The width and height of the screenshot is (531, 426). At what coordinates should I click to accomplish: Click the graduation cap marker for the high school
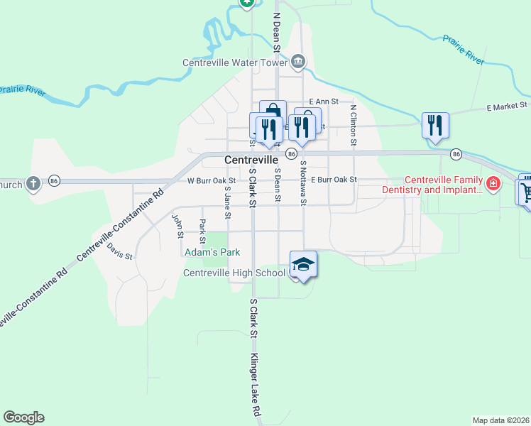point(303,265)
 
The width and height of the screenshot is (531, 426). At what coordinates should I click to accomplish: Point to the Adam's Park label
point(212,252)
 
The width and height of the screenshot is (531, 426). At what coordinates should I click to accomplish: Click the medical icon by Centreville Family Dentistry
point(494,185)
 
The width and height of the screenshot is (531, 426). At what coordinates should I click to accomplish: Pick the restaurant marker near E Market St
point(434,125)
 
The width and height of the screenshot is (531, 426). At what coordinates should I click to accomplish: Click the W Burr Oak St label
point(212,180)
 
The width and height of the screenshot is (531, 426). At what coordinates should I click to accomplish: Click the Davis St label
point(119,251)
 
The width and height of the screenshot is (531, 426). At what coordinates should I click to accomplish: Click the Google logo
point(23,417)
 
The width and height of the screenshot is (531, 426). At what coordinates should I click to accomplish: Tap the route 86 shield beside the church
point(55,181)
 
